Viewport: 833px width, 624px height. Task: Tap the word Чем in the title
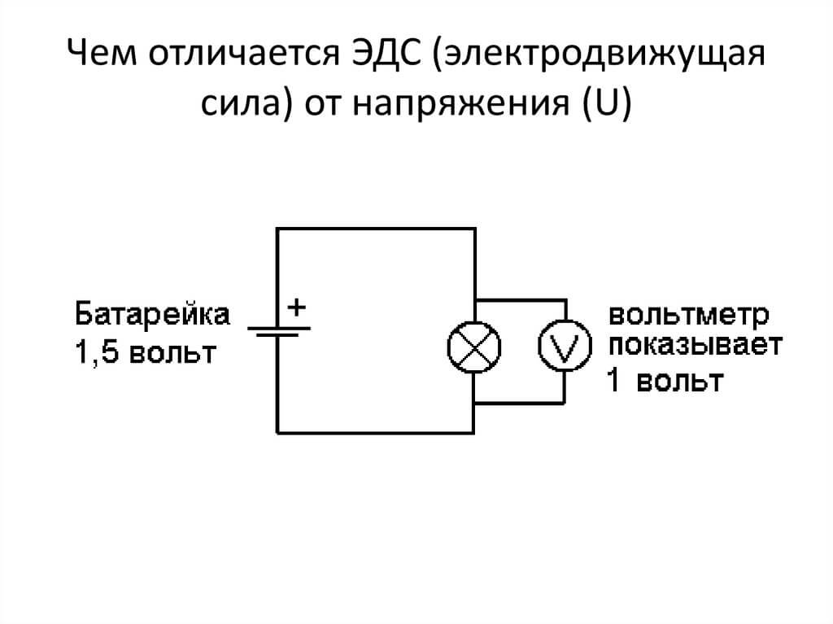point(102,53)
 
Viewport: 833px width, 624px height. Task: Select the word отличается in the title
point(244,54)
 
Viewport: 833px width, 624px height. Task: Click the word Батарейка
point(152,314)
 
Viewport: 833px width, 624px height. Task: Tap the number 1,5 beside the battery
point(97,352)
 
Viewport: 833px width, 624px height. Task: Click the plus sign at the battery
point(297,308)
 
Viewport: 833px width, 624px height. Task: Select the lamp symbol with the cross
point(474,347)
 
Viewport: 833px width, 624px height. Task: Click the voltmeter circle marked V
point(565,346)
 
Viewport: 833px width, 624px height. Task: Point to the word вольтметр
point(689,315)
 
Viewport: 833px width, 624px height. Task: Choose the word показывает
point(696,346)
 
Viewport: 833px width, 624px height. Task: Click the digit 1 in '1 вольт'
point(613,381)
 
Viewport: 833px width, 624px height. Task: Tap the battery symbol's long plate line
point(279,329)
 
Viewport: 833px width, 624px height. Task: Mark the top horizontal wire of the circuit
point(376,229)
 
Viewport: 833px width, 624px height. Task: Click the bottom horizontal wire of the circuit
point(375,433)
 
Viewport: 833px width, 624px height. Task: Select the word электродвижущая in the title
point(599,54)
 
